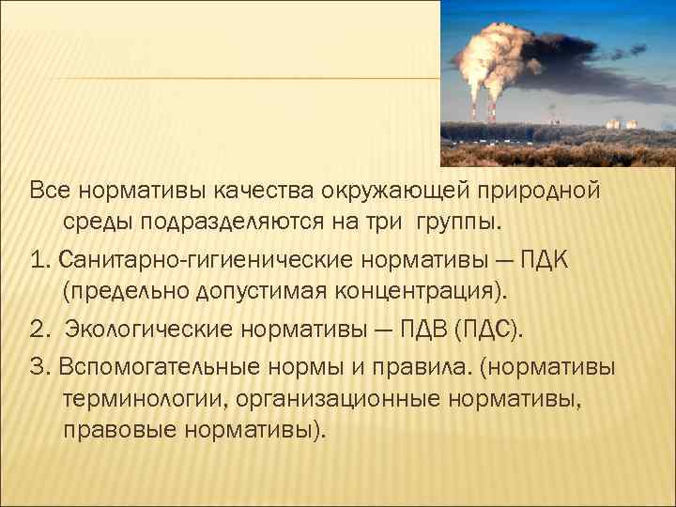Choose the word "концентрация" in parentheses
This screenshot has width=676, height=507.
tap(414, 291)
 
